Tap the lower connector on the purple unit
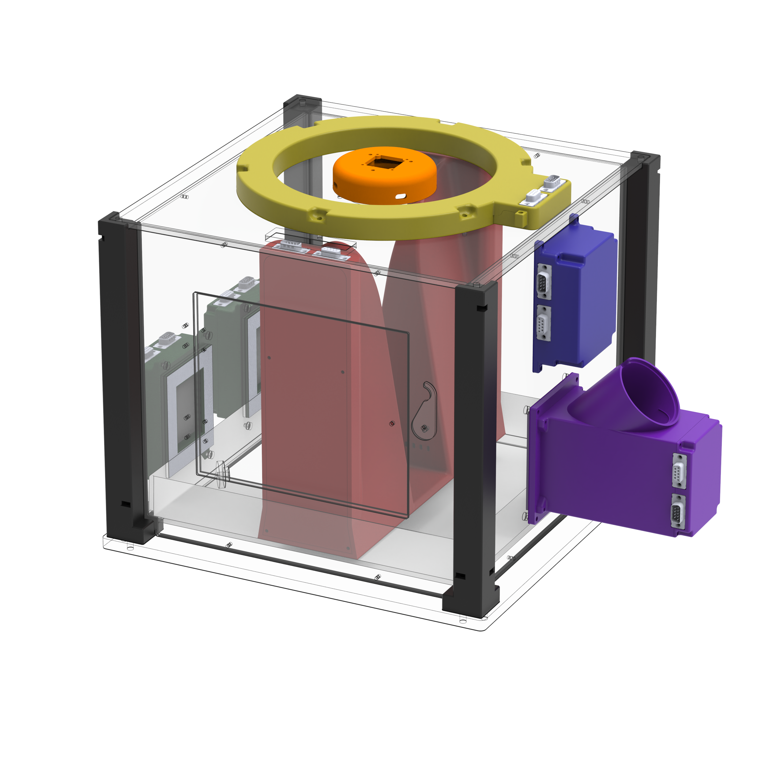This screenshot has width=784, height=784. [x=678, y=512]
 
